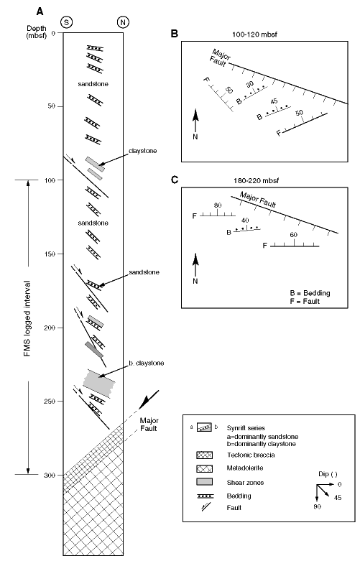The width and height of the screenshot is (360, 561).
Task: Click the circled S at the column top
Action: coord(67,22)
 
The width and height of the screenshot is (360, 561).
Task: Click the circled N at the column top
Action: coord(123,22)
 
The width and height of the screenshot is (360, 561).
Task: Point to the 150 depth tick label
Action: coord(50,254)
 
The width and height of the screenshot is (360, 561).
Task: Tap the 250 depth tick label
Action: coord(50,402)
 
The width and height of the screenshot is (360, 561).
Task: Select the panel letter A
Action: coord(40,11)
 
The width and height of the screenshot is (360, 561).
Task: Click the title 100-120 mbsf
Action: coord(254,34)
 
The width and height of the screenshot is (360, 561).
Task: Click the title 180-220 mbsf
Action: coord(257,181)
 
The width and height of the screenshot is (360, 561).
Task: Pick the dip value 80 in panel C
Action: coord(218,205)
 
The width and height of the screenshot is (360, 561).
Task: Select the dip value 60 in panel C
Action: coord(293,235)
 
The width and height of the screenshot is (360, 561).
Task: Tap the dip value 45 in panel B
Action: coord(274,101)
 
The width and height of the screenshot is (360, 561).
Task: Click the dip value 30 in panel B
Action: coord(250,85)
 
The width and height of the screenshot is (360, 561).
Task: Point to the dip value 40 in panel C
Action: coord(245,221)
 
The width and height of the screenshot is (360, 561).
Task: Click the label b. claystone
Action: coord(147,363)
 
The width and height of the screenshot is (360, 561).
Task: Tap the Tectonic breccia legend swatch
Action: coord(204,455)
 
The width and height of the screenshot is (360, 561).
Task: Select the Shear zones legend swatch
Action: coord(204,481)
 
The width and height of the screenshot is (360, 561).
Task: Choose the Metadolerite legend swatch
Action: coord(204,468)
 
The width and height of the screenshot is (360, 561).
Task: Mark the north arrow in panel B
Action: coord(195,121)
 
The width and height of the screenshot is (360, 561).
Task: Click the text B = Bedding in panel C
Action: coord(310,293)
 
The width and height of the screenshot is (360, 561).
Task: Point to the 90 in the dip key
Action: coord(317,506)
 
